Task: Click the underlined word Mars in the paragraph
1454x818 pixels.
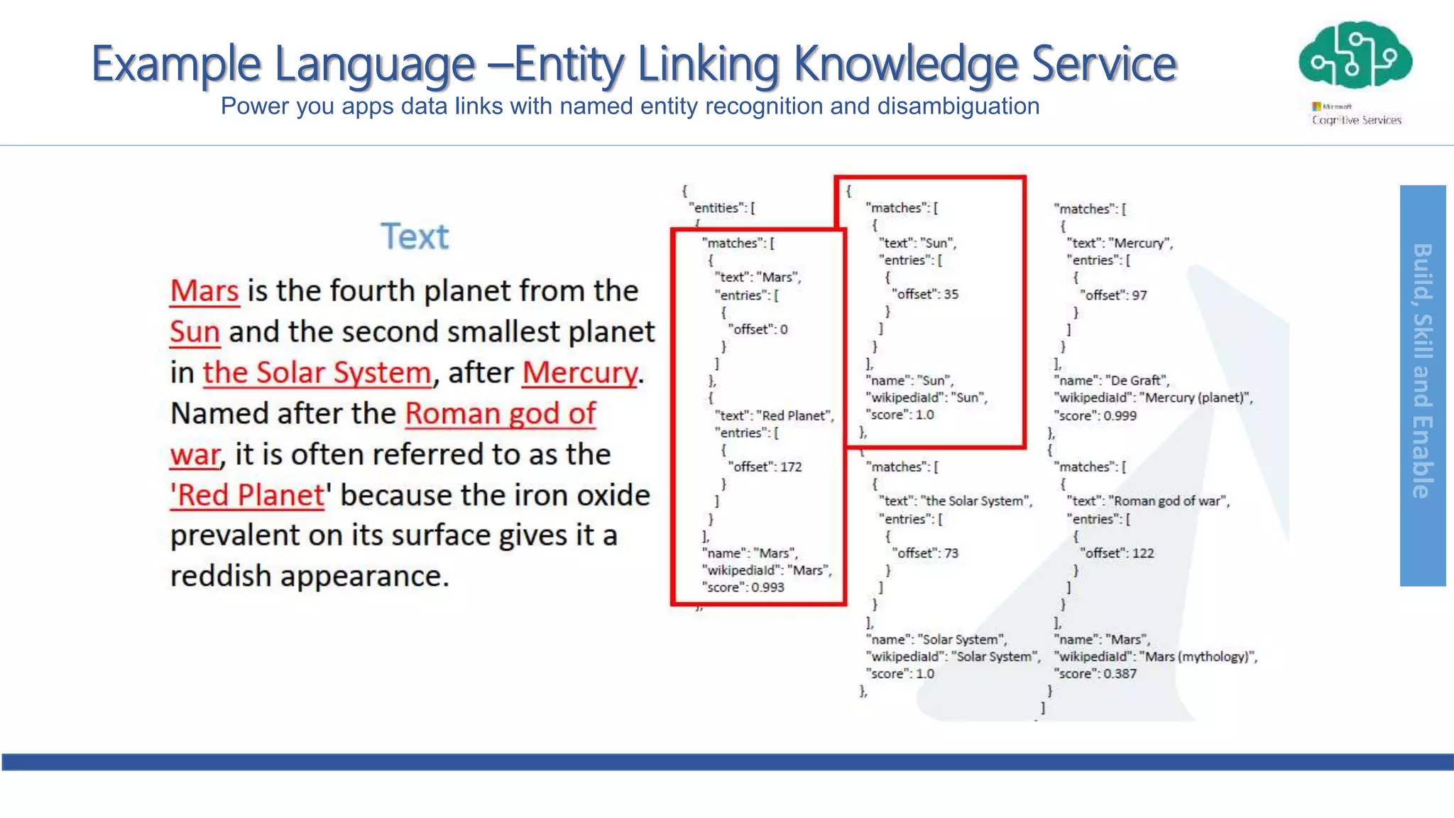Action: click(204, 291)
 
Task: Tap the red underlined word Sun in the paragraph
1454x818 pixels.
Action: click(195, 332)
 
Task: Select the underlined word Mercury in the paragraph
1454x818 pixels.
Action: click(580, 373)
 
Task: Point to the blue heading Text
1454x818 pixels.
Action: click(415, 236)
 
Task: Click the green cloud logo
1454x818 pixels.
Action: click(1355, 57)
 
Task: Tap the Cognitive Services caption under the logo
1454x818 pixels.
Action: click(1356, 120)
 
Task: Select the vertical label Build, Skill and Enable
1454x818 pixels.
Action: click(1422, 371)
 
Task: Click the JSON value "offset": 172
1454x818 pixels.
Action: click(765, 467)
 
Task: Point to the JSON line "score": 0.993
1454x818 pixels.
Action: click(743, 587)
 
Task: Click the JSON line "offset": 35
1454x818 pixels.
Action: click(926, 294)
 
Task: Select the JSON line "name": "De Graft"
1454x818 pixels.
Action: click(1113, 381)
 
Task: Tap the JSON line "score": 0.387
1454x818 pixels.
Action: click(1096, 674)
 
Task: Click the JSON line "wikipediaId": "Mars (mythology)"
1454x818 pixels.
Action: click(1156, 657)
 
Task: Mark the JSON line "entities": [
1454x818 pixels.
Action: click(722, 208)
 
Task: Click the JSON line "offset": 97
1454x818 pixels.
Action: click(1113, 295)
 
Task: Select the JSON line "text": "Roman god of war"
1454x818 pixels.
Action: click(1148, 501)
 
